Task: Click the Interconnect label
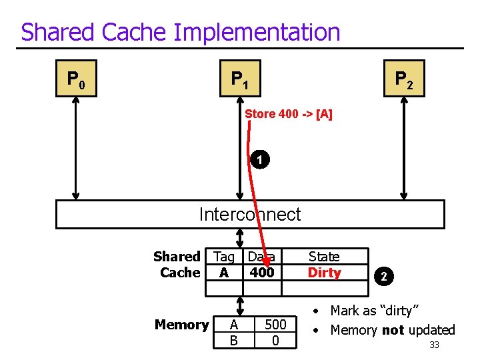250,214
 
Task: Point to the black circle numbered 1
261,160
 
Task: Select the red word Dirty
324,273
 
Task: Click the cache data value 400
261,273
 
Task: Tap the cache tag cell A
224,273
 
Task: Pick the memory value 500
275,324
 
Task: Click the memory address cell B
233,340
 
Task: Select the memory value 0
275,340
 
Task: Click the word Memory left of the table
181,325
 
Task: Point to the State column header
324,257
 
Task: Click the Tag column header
224,257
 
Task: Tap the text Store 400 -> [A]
289,114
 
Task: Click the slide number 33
434,345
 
